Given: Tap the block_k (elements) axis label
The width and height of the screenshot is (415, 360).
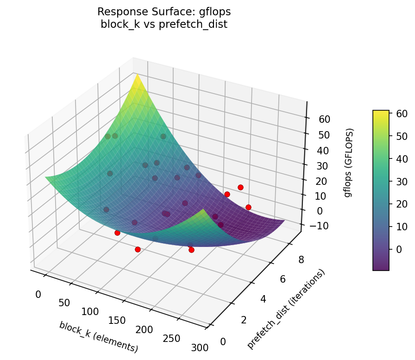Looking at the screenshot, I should [x=98, y=336].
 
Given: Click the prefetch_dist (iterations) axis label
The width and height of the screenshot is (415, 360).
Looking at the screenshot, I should [x=286, y=309].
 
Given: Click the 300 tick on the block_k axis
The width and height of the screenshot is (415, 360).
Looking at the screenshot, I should [x=200, y=347].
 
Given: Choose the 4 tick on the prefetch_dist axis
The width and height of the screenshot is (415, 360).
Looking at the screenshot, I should [x=263, y=299].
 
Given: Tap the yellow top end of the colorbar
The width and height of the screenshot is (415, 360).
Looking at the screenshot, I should [x=381, y=112].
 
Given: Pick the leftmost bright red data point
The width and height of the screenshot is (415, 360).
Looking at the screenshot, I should [x=117, y=233].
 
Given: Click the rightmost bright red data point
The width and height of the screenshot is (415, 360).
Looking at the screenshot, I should [x=248, y=207].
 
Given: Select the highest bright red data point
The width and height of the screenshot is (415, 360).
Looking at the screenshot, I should [x=240, y=187].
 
